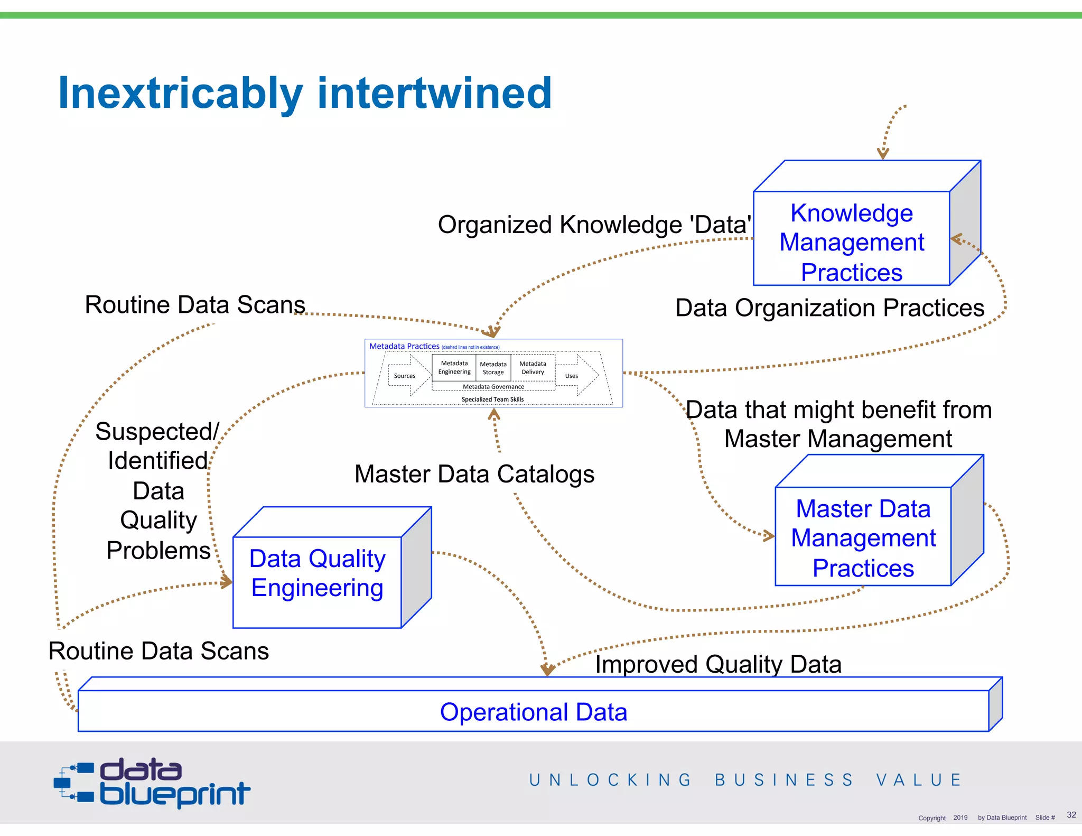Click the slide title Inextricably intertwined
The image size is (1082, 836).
305,93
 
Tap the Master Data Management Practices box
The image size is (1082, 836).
863,537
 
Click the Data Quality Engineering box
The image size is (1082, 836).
317,573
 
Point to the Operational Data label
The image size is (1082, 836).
533,712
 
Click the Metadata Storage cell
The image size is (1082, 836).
493,368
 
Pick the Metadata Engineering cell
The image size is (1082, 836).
454,367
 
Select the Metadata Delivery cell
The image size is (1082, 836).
533,367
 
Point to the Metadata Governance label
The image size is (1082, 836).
493,387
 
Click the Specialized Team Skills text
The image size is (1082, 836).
492,400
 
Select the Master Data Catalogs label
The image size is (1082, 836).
474,474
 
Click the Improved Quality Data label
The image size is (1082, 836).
718,664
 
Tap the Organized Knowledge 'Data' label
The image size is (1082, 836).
594,225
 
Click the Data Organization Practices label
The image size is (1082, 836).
829,308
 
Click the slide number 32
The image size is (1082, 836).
1071,814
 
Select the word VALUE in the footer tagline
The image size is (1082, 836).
918,780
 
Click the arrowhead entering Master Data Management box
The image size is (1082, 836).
769,536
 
